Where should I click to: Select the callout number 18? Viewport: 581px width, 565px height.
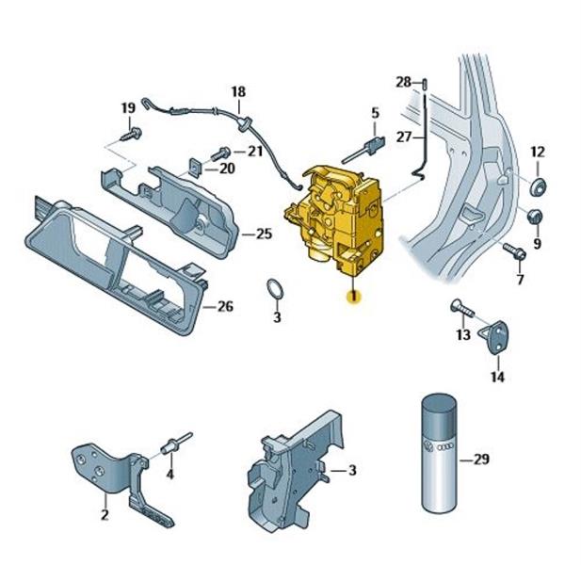(238, 91)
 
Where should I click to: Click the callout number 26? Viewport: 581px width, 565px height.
(225, 307)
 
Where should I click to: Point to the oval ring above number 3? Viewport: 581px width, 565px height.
(275, 288)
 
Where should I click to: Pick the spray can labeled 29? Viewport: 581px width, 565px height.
(440, 454)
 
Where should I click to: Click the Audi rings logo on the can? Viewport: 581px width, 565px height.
(444, 448)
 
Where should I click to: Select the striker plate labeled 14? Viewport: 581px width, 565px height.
(495, 337)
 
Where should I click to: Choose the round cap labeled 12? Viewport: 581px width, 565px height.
(538, 186)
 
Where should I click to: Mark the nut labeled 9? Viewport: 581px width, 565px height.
(534, 217)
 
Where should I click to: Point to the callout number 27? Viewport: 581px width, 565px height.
(404, 137)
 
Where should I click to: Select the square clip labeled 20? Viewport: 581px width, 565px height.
(195, 167)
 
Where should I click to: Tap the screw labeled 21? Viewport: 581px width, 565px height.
(220, 153)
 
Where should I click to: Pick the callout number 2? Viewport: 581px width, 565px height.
(105, 514)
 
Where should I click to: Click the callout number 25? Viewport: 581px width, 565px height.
(265, 234)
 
